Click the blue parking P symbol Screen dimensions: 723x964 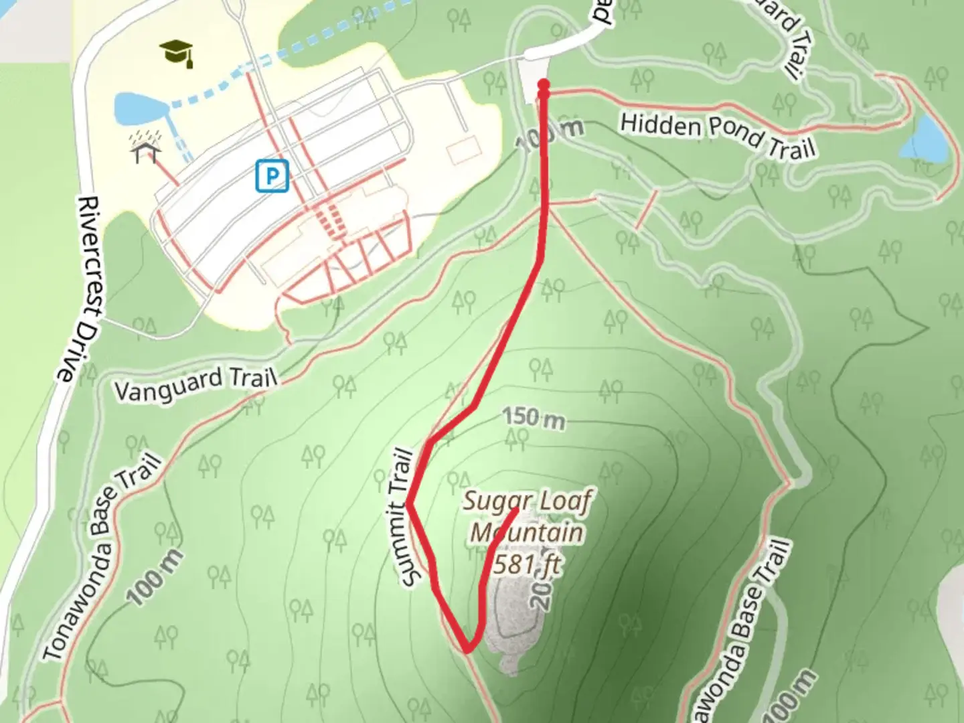click(272, 176)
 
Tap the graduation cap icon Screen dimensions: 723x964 click(177, 52)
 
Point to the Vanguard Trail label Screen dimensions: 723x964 click(195, 383)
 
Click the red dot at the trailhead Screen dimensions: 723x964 click(544, 85)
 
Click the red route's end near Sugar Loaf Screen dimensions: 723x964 click(516, 511)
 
